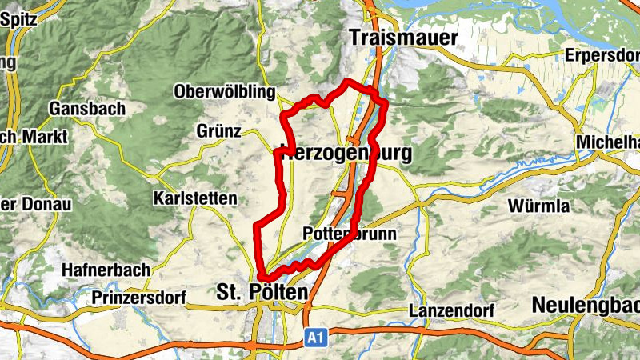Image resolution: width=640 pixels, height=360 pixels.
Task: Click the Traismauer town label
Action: (x=403, y=38)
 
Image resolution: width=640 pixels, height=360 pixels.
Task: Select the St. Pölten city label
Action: (x=262, y=294)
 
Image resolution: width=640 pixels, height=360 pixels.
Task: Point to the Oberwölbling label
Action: (x=224, y=92)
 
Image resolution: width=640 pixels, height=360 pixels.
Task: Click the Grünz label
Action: (x=218, y=130)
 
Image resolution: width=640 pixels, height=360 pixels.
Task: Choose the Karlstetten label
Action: (x=194, y=198)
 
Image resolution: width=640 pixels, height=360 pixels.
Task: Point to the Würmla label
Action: (x=538, y=206)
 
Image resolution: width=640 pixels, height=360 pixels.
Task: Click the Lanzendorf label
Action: (x=451, y=310)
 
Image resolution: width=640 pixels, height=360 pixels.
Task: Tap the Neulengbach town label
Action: (x=586, y=305)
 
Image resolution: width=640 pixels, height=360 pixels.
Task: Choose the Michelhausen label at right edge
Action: (x=607, y=142)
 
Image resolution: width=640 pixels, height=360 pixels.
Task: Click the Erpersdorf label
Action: (x=602, y=55)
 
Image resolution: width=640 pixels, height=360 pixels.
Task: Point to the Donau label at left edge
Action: (x=46, y=204)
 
